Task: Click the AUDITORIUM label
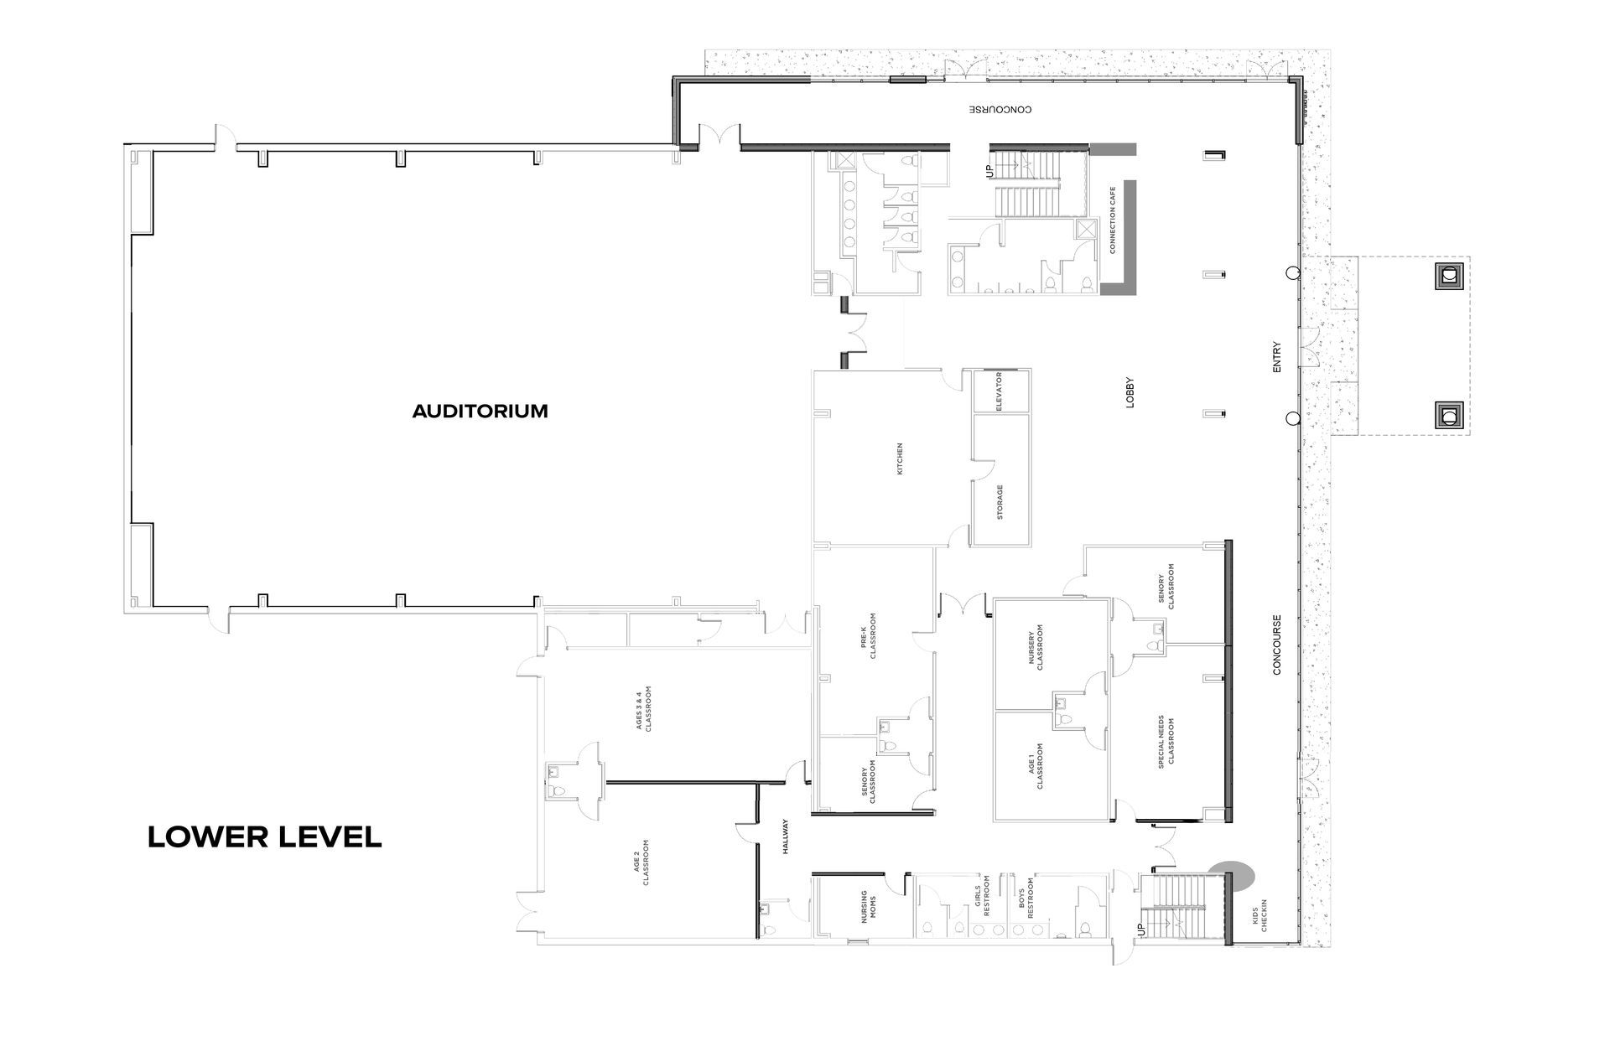click(x=480, y=412)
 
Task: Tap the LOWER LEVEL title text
click(x=265, y=836)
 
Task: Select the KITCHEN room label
click(x=901, y=458)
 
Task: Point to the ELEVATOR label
click(x=1000, y=391)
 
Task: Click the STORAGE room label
click(x=1000, y=502)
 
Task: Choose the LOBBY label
click(x=1130, y=392)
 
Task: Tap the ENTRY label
click(x=1277, y=356)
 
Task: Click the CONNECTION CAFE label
click(x=1113, y=220)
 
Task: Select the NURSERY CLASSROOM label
click(x=1036, y=647)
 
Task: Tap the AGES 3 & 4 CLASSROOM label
click(x=643, y=710)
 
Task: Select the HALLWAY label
click(x=786, y=836)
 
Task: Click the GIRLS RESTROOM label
click(x=982, y=897)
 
